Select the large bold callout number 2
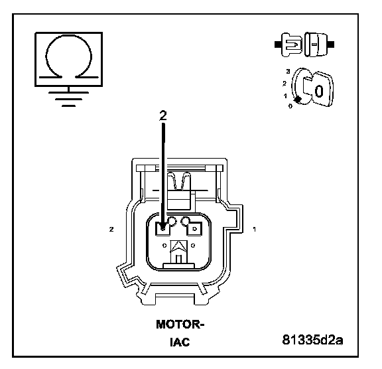coord(163,115)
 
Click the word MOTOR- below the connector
coord(180,325)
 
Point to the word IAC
coord(180,342)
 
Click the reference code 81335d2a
coord(312,340)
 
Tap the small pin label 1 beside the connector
coord(255,230)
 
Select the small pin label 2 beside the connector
coord(111,230)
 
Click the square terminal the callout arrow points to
coord(163,229)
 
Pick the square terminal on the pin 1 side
coord(194,229)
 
